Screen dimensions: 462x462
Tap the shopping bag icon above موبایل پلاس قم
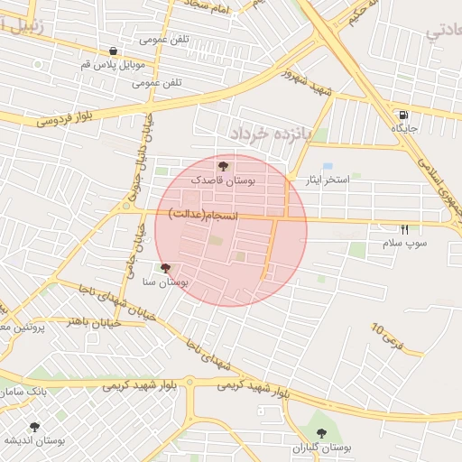(113, 51)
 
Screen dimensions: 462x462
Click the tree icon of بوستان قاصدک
(224, 165)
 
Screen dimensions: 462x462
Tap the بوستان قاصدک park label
(223, 180)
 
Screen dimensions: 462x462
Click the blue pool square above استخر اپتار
(327, 167)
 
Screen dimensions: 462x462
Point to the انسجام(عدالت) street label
(204, 214)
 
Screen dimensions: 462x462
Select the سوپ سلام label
(405, 244)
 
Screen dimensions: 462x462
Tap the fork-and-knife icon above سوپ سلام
(404, 230)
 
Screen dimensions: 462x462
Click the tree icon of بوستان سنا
(164, 268)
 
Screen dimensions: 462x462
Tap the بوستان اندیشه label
(34, 440)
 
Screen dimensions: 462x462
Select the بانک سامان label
(23, 393)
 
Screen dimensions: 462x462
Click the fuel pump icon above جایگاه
(402, 115)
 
